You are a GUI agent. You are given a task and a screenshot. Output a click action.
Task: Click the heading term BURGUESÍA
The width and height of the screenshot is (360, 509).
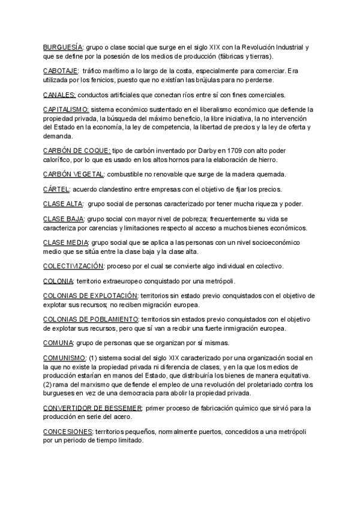point(63,47)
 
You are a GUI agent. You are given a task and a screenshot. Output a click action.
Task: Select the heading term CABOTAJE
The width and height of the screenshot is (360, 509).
point(59,71)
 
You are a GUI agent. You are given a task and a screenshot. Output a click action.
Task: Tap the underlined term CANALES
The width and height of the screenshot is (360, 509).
point(59,95)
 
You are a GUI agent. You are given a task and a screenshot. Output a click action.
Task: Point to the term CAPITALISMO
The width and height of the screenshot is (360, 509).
point(66,109)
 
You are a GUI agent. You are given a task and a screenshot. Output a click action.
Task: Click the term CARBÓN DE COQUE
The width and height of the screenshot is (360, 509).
point(77,150)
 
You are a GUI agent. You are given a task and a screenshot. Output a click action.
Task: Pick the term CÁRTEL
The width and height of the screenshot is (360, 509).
point(56,189)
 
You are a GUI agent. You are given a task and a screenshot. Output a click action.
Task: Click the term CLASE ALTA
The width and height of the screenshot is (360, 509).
point(62,204)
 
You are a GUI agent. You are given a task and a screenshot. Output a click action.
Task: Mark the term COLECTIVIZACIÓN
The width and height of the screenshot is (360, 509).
point(74,266)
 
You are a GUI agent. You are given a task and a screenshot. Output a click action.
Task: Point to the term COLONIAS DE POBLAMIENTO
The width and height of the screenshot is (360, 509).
point(91,319)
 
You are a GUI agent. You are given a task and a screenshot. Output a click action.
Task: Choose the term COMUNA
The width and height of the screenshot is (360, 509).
point(58,343)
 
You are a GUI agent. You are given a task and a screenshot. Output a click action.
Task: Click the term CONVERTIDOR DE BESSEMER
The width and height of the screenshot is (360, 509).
point(92,408)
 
